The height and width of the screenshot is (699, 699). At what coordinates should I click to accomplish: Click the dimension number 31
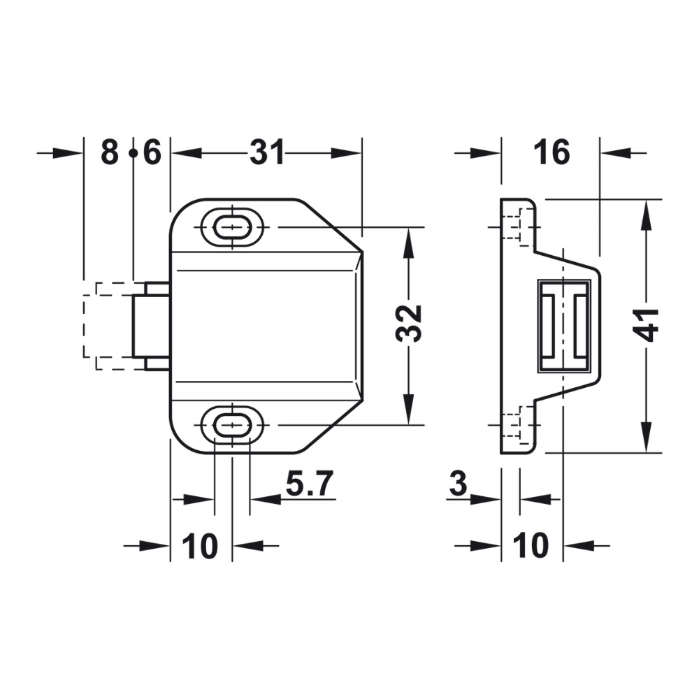click(x=266, y=152)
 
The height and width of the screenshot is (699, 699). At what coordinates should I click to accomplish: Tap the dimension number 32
click(x=408, y=323)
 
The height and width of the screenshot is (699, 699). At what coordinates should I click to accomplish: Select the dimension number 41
click(x=646, y=325)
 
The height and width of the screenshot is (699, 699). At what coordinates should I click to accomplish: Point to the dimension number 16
click(x=552, y=152)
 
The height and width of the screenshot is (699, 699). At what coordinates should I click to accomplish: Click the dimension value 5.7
click(x=310, y=483)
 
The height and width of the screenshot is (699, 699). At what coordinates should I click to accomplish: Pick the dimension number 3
click(x=458, y=483)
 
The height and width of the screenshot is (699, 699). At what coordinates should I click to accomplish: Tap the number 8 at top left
click(x=110, y=152)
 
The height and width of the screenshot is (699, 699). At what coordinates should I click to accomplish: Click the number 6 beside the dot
click(x=152, y=152)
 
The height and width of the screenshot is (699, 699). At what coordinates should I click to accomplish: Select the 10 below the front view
click(x=200, y=545)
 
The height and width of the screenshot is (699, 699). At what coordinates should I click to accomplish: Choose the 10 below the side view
click(x=531, y=545)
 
